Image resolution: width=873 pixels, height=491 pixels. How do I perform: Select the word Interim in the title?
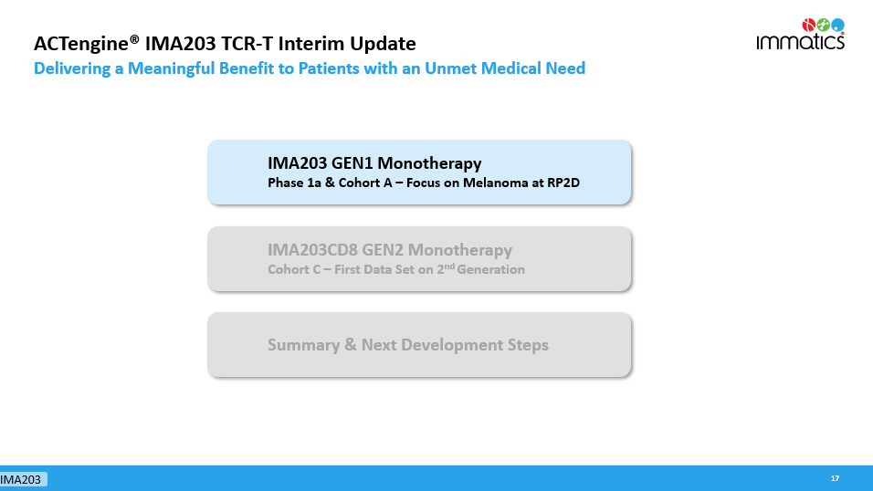318,44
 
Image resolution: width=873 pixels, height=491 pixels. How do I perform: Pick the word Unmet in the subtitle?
450,68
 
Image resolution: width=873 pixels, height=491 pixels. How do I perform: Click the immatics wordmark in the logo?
800,41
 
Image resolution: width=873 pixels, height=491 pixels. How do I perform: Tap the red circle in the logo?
808,25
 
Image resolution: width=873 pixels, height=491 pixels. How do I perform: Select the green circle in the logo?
823,25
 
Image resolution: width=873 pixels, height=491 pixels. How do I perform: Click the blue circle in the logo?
837,25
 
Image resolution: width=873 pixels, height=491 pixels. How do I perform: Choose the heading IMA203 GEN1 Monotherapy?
374,163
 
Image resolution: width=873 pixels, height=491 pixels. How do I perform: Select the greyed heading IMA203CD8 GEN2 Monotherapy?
390,250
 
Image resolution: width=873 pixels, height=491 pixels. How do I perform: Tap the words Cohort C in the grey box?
294,269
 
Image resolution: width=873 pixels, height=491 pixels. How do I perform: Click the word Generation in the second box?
490,269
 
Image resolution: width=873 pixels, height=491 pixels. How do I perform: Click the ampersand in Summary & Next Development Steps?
350,345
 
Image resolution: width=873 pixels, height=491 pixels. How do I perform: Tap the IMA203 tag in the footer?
21,479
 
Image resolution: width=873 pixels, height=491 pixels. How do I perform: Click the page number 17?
835,478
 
